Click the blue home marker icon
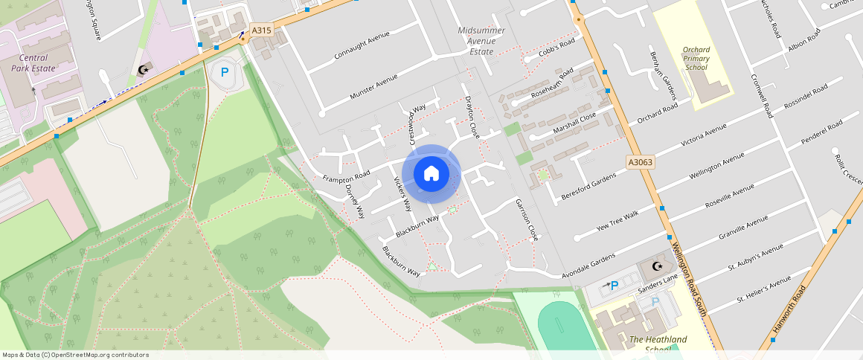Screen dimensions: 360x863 click(x=431, y=174)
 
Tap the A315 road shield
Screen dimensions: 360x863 click(x=261, y=30)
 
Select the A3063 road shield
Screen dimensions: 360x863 click(x=640, y=161)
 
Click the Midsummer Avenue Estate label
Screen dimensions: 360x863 click(x=481, y=41)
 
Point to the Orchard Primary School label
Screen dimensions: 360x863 click(x=696, y=59)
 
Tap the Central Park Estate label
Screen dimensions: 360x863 click(x=33, y=62)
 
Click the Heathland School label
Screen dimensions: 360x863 click(x=658, y=344)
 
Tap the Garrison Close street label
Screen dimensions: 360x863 click(x=527, y=219)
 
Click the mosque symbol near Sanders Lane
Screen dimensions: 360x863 click(x=656, y=266)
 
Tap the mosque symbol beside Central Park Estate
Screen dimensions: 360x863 click(x=142, y=71)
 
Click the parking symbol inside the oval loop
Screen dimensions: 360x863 click(x=225, y=73)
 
